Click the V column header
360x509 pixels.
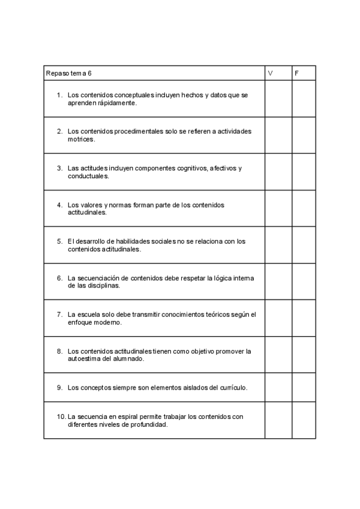(270, 73)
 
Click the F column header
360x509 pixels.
(296, 73)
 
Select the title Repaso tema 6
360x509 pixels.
(69, 73)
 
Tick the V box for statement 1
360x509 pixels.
(278, 99)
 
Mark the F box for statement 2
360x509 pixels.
(304, 136)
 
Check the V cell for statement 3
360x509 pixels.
(278, 172)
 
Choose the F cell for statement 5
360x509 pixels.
(304, 245)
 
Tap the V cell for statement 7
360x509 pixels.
(278, 318)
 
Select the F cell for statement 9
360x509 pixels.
(304, 387)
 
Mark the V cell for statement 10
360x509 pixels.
(278, 420)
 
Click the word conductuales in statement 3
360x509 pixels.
(88, 176)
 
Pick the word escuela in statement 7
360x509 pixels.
(86, 314)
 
